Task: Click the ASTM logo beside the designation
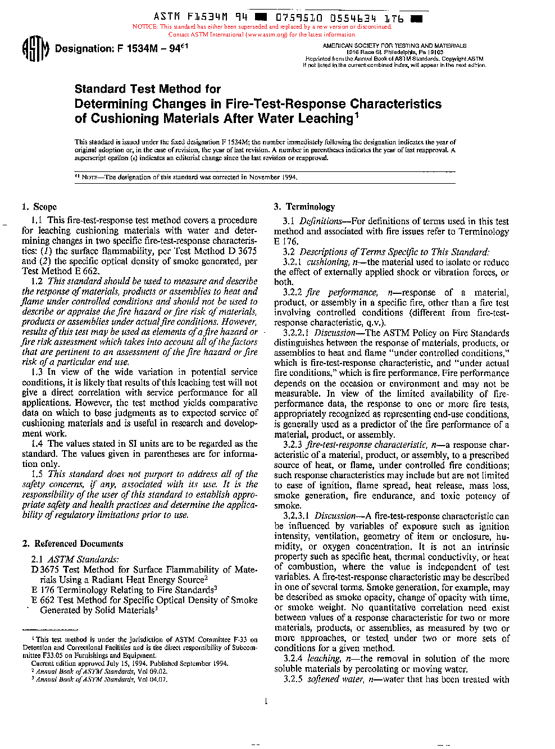point(36,49)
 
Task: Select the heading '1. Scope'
point(39,207)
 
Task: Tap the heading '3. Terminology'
point(304,207)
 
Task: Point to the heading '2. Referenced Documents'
point(72,543)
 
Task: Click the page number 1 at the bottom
point(266,701)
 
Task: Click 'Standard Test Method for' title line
point(148,89)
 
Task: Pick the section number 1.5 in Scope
point(37,474)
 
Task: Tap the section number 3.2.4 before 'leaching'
point(293,659)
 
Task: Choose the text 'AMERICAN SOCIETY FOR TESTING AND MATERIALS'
point(394,46)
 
